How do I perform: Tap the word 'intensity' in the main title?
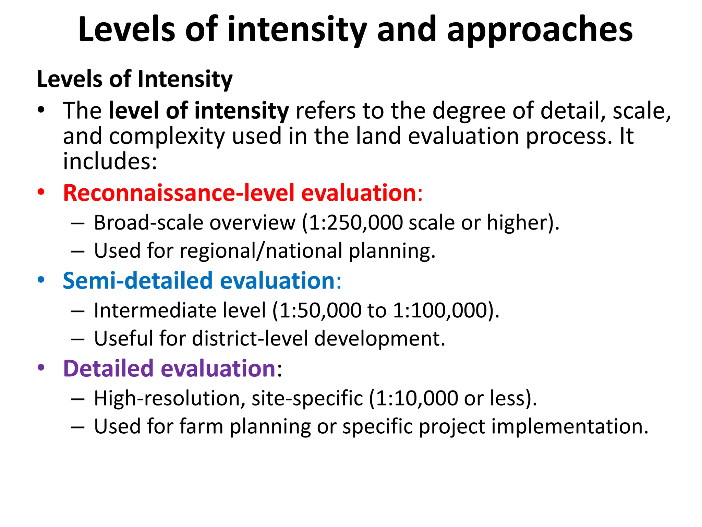point(297,30)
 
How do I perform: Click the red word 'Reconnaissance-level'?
point(179,193)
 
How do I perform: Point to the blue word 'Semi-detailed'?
point(137,281)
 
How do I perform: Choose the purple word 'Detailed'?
point(108,368)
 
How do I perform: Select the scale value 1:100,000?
point(440,311)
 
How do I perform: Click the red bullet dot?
point(41,192)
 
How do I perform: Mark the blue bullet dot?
point(41,280)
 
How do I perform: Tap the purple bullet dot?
point(41,367)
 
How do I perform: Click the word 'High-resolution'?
point(170,398)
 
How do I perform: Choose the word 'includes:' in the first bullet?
point(110,161)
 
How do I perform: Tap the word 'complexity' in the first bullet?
point(167,136)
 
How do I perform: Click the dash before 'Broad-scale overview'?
point(78,223)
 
